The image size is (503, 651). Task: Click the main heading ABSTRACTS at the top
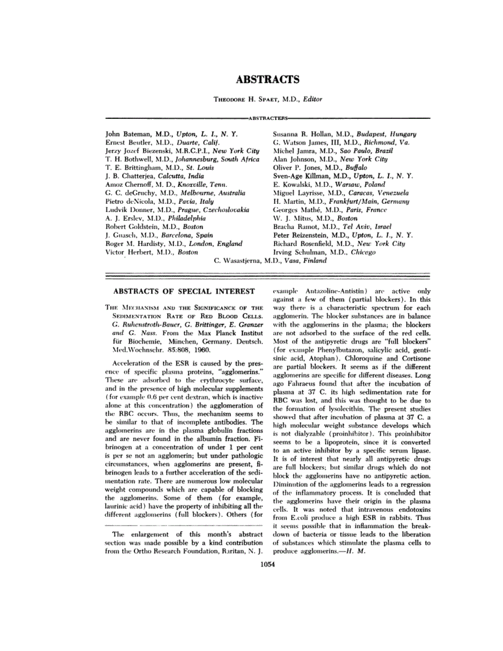pos(267,79)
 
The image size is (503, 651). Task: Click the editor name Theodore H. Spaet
pos(245,99)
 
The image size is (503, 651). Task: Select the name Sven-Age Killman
pos(303,176)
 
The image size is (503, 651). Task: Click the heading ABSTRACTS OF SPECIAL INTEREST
pos(183,291)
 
